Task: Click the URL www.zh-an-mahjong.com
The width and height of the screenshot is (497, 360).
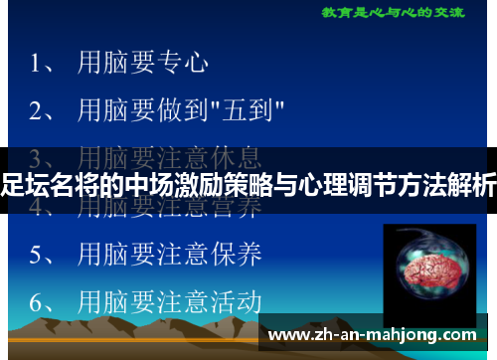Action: pos(377,333)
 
